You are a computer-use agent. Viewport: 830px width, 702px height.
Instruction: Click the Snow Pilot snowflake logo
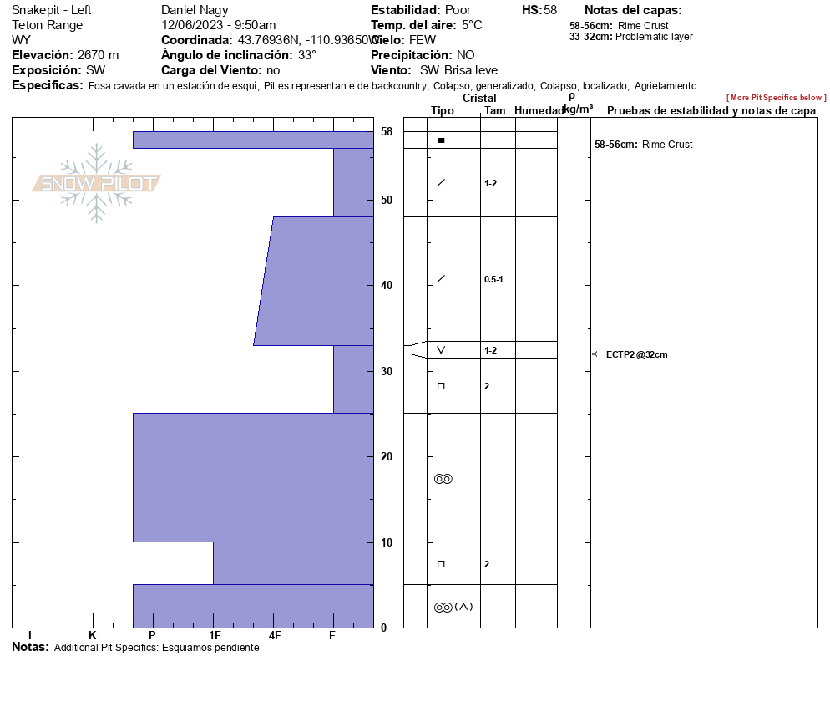(x=96, y=183)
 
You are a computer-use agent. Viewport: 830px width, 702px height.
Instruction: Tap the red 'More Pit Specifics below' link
(x=776, y=98)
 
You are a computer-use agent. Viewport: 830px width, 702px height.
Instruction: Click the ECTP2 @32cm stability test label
(x=637, y=354)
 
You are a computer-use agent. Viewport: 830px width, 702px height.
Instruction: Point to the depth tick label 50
(x=387, y=201)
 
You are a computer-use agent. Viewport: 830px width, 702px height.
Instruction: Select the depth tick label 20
(x=387, y=456)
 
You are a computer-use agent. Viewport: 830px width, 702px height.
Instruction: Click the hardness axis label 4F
(x=274, y=635)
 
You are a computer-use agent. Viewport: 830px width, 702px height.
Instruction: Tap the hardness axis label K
(x=93, y=635)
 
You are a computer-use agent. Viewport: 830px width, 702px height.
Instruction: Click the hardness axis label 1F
(x=215, y=635)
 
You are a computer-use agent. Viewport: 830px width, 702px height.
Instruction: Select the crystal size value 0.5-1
(x=493, y=279)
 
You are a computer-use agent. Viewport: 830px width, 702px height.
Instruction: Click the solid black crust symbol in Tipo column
(x=441, y=140)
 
